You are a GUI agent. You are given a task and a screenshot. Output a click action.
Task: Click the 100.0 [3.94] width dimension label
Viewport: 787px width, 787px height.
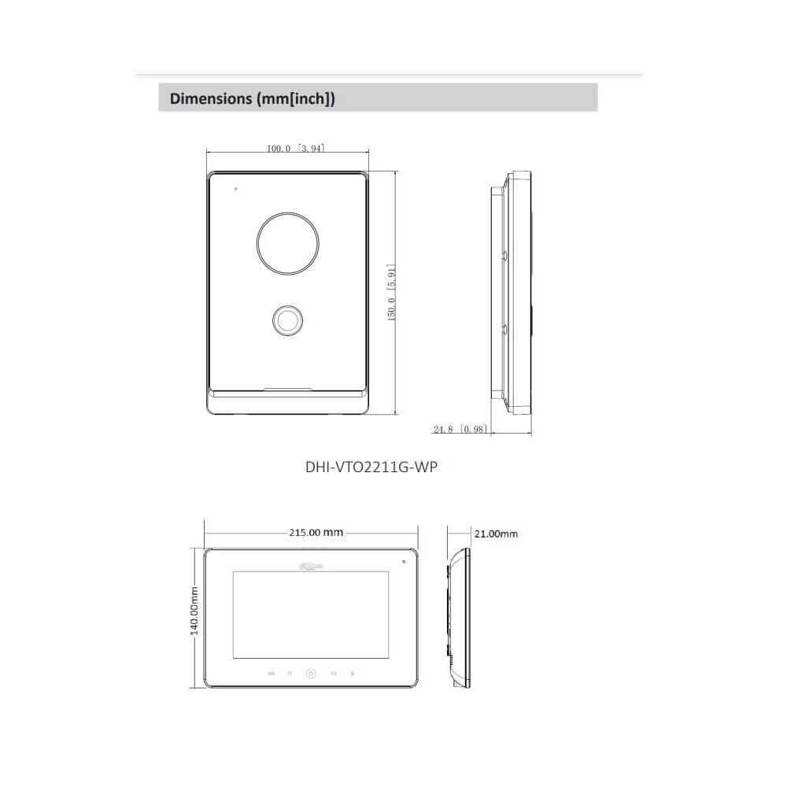click(295, 148)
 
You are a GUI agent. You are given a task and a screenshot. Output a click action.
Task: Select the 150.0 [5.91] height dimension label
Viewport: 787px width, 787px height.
click(390, 291)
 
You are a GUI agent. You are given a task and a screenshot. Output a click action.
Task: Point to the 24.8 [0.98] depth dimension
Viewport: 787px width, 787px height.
click(460, 429)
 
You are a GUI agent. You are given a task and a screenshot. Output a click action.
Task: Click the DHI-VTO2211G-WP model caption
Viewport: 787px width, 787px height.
click(371, 466)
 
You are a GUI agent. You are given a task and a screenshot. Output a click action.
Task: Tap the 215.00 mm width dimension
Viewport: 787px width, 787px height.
click(315, 532)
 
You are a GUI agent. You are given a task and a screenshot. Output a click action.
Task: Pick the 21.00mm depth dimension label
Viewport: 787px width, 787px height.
click(496, 534)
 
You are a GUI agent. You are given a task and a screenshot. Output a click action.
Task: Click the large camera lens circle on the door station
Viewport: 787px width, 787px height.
click(286, 242)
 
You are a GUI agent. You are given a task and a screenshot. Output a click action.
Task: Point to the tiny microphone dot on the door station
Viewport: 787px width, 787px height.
click(235, 189)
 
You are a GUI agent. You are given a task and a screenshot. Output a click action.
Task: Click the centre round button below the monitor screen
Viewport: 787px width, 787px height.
click(311, 674)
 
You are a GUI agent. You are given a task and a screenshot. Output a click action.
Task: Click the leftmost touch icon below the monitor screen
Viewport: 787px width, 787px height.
click(272, 674)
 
